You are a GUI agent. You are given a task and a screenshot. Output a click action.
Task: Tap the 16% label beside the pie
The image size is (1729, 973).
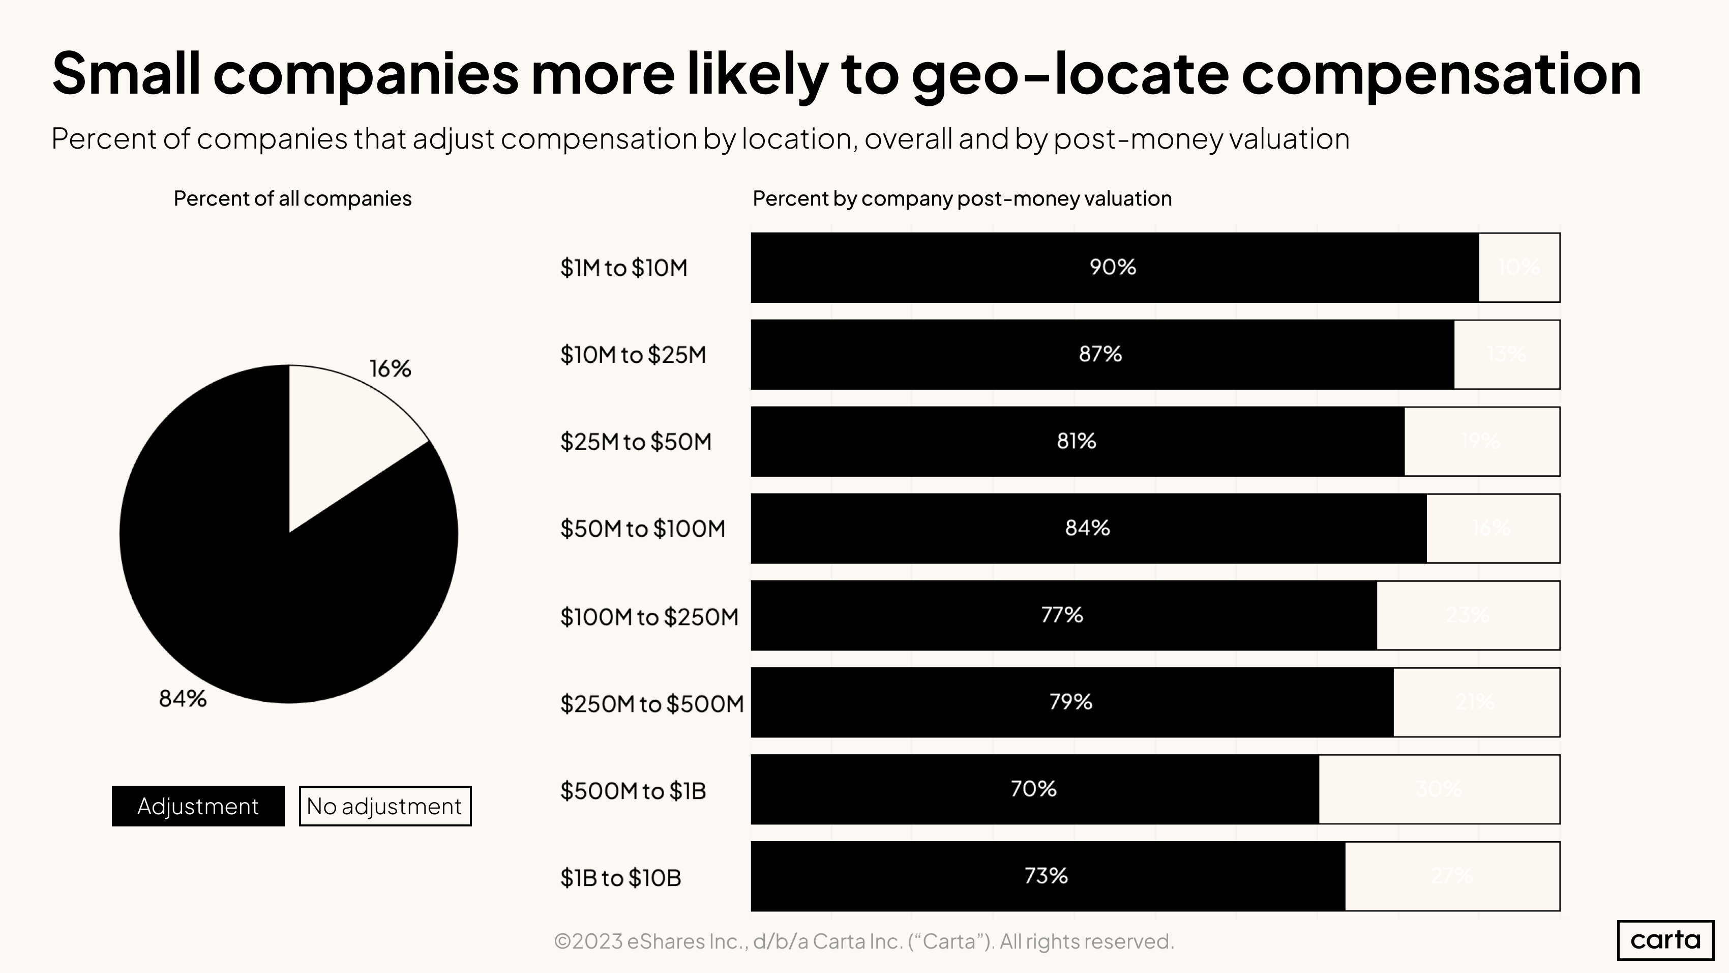click(x=390, y=368)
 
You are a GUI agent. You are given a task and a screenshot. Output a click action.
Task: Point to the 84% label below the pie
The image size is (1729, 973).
click(x=183, y=699)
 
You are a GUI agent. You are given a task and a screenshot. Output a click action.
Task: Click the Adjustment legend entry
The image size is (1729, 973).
click(x=198, y=806)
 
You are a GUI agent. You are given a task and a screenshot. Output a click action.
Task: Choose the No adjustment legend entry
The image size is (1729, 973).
click(x=384, y=806)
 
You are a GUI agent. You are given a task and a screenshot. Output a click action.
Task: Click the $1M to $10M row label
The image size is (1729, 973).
click(x=623, y=268)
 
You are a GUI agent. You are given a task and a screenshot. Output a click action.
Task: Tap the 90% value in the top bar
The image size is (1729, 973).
click(x=1112, y=267)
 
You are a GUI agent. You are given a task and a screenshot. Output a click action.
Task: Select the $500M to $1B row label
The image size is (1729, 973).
click(x=633, y=790)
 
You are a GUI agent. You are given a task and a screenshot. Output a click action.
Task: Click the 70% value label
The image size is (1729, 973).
click(x=1033, y=789)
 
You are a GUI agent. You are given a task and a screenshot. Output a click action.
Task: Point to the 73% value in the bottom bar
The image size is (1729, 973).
click(x=1046, y=876)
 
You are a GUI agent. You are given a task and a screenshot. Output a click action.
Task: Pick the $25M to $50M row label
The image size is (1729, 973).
click(x=636, y=442)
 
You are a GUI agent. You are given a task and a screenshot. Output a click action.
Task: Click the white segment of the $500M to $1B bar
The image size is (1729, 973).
click(x=1438, y=789)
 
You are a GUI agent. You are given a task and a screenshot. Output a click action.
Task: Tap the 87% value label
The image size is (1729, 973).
click(x=1100, y=354)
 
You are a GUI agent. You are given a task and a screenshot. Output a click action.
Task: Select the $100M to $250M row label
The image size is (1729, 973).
click(x=649, y=616)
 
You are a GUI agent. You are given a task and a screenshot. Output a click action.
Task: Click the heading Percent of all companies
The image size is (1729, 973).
click(x=292, y=199)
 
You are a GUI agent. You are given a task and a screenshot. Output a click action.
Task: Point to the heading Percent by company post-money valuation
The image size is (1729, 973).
click(x=962, y=199)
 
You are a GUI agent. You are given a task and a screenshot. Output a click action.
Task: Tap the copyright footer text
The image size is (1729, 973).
click(x=864, y=941)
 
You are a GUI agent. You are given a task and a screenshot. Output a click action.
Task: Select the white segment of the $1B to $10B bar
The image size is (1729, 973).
click(x=1452, y=876)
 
